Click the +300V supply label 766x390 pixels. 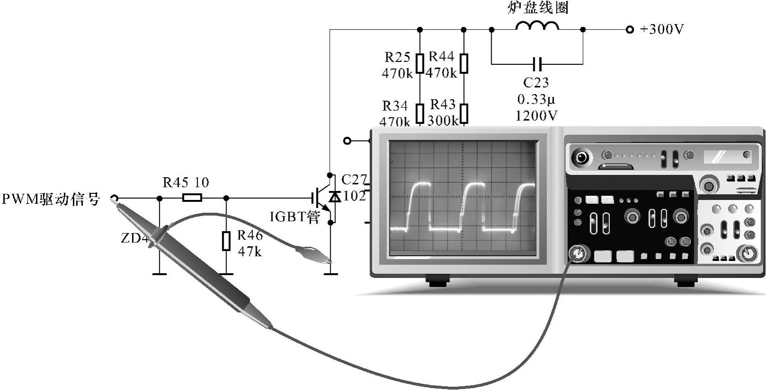(x=662, y=29)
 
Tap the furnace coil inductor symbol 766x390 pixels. (x=537, y=26)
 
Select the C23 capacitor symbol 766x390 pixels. (x=537, y=63)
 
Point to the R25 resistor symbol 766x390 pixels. (x=420, y=63)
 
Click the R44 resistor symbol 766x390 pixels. (x=464, y=63)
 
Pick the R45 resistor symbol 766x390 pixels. (x=192, y=198)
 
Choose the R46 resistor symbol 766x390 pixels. (x=226, y=241)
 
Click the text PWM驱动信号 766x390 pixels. (x=51, y=199)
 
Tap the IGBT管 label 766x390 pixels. (x=295, y=217)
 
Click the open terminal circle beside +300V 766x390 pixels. (x=629, y=30)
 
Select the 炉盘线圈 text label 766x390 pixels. (x=538, y=8)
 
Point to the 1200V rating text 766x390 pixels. (x=536, y=116)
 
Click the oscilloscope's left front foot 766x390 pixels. (x=438, y=282)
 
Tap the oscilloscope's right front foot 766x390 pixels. (x=686, y=282)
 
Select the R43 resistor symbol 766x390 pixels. (x=464, y=113)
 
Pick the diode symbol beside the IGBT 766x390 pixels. (x=335, y=196)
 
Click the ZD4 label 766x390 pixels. (x=134, y=238)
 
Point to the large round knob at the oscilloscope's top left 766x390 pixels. (x=581, y=157)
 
